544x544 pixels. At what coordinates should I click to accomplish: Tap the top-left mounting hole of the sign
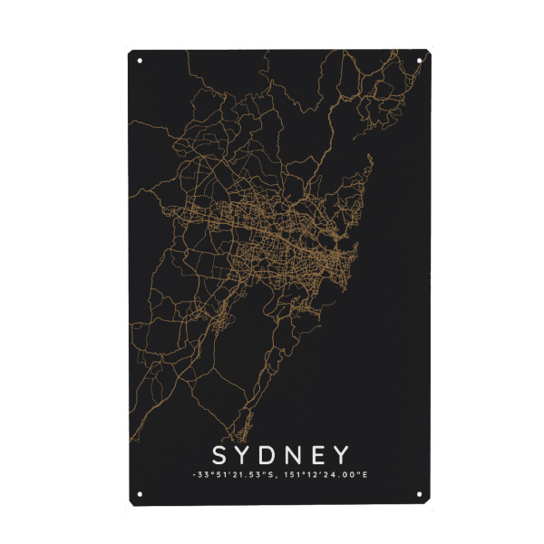pyautogui.click(x=140, y=61)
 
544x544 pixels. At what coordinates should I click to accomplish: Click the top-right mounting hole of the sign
pyautogui.click(x=418, y=61)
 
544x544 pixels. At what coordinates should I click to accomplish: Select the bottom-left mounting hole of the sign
pyautogui.click(x=140, y=494)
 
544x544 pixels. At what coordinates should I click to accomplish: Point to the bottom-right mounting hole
pyautogui.click(x=418, y=494)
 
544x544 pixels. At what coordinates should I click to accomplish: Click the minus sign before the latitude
pyautogui.click(x=193, y=475)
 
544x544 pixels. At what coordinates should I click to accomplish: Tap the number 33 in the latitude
pyautogui.click(x=201, y=474)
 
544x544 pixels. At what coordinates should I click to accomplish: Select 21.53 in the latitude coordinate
pyautogui.click(x=239, y=474)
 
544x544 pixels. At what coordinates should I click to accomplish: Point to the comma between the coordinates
pyautogui.click(x=267, y=477)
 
